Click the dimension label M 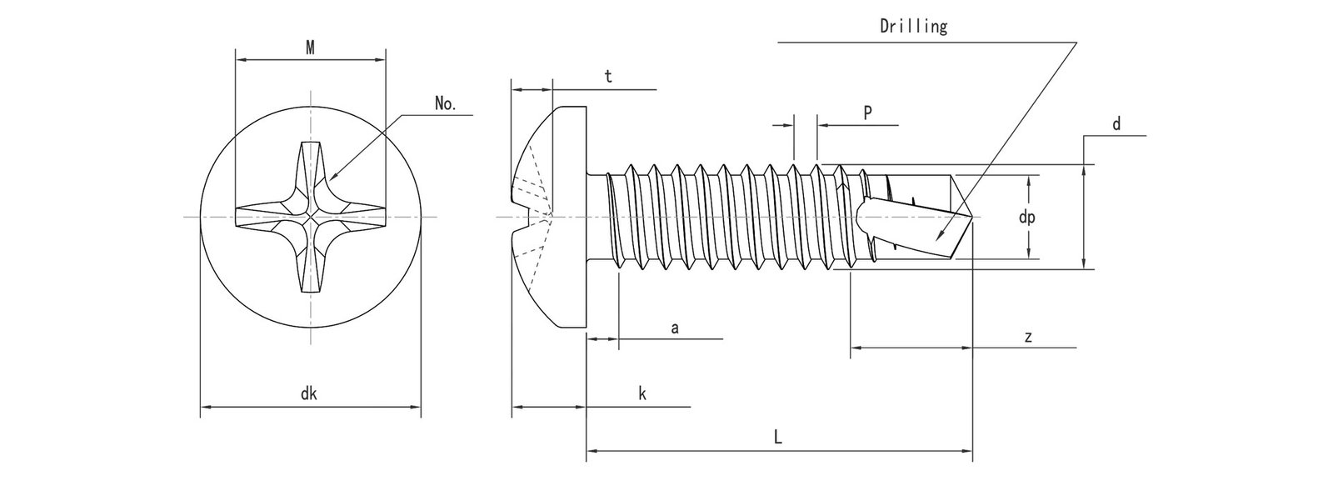(310, 48)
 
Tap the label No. (446, 104)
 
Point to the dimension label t (608, 77)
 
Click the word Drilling (914, 27)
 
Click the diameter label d (1116, 124)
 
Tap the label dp (1027, 217)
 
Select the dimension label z (1029, 337)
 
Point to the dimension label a (676, 328)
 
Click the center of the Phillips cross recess (310, 218)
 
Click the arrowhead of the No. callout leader (332, 178)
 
